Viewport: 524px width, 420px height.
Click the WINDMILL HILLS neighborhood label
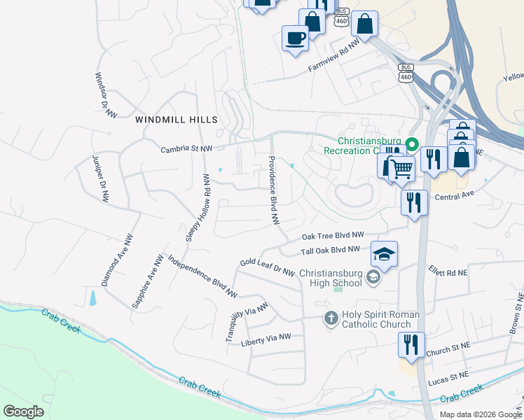coord(177,120)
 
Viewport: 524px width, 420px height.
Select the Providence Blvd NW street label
coord(274,190)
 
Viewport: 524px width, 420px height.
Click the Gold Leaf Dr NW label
coord(267,267)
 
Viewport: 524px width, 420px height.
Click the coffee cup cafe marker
coord(294,37)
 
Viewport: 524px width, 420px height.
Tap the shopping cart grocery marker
coord(400,168)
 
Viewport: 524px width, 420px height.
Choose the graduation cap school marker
coord(384,253)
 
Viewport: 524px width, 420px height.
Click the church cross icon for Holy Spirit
coord(331,319)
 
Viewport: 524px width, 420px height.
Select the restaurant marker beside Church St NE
coord(411,344)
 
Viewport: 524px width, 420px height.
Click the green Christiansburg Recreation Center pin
coord(413,145)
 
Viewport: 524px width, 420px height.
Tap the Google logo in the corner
coord(24,411)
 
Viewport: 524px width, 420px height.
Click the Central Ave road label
coord(455,197)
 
